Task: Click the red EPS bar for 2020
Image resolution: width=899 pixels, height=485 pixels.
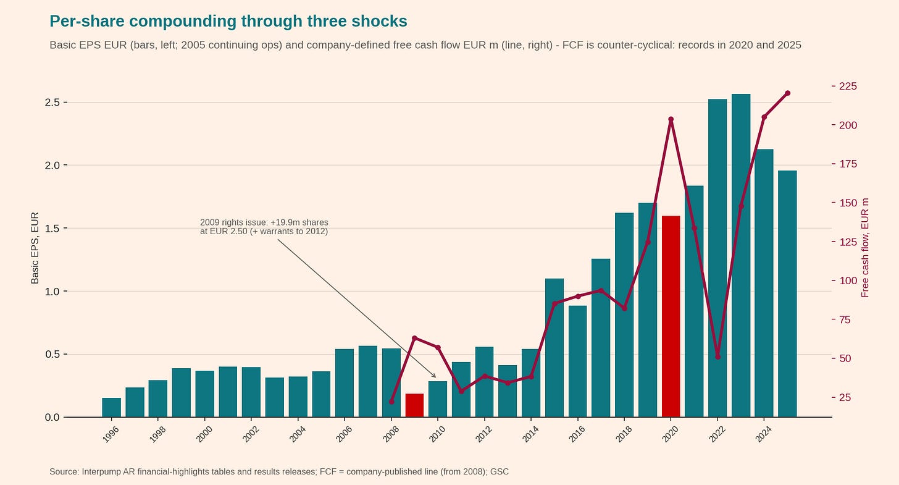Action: [671, 316]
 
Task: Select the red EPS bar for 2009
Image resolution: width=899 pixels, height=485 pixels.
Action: [414, 405]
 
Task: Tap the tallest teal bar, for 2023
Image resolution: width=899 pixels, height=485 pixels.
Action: [741, 255]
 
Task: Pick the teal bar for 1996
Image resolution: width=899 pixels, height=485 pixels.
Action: [112, 408]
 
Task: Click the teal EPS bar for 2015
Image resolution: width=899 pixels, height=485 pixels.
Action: [554, 348]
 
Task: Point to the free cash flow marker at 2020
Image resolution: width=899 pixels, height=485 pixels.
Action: [671, 119]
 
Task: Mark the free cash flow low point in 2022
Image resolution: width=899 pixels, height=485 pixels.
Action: [717, 357]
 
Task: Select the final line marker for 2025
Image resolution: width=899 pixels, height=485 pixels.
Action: [787, 93]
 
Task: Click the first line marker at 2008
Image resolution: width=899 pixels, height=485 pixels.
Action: [391, 402]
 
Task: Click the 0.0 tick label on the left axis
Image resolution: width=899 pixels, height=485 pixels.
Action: [52, 418]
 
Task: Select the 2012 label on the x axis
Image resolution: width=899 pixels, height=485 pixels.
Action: [483, 434]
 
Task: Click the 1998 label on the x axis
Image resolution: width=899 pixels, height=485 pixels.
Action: [157, 434]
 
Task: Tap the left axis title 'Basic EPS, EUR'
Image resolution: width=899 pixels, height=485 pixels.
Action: [35, 248]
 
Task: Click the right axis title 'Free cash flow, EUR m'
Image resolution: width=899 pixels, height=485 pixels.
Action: [865, 248]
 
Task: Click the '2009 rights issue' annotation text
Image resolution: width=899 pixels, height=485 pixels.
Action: [264, 227]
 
